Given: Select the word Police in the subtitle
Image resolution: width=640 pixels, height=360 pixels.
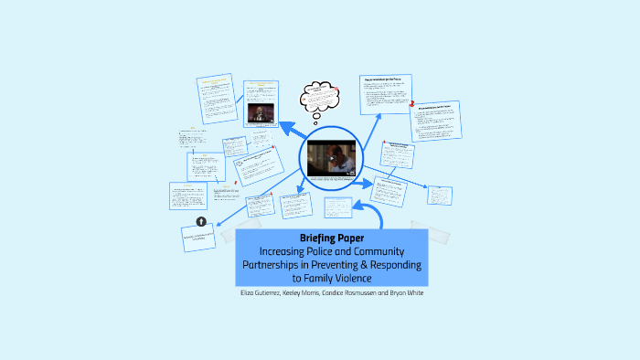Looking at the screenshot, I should point(325,251).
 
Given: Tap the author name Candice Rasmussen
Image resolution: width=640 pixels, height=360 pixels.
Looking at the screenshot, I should point(354,293).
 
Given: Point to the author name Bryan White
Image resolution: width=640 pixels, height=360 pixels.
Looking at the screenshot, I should point(409,293).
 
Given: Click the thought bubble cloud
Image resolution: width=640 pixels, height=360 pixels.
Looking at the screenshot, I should point(312,95).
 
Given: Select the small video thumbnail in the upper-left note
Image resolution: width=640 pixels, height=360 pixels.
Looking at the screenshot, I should point(260,113).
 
